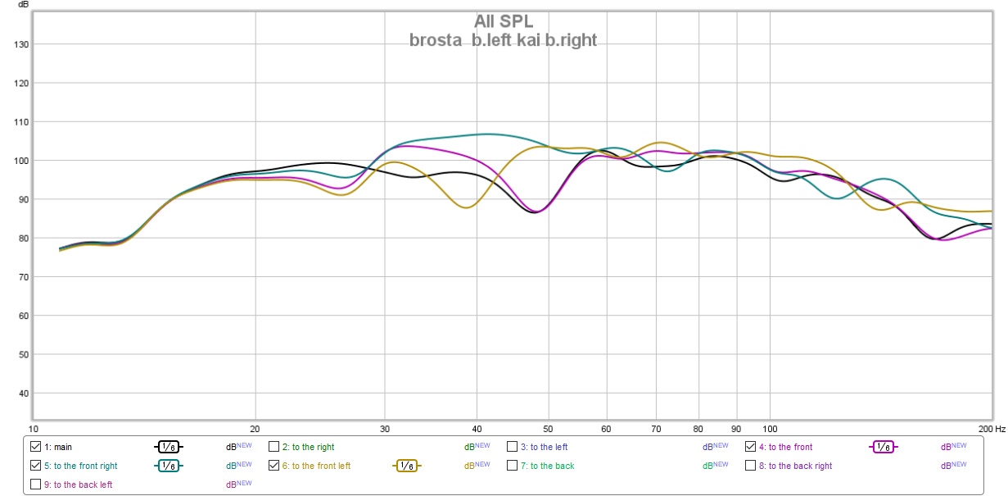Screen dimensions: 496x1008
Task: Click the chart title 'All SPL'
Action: coord(503,22)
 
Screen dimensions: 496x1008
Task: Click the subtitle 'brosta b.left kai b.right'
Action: coord(503,39)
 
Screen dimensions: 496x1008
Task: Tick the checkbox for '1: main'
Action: coord(35,448)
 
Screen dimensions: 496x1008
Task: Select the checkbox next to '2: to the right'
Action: coord(274,448)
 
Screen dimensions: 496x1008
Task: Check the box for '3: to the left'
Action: coord(513,448)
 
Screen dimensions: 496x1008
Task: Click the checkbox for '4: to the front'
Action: coord(751,448)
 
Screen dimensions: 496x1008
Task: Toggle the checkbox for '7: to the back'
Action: coord(513,466)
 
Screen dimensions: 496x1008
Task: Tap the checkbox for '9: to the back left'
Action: coord(35,485)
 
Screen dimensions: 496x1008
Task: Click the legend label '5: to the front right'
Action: coord(80,466)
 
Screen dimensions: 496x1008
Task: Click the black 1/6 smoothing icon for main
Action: coord(168,448)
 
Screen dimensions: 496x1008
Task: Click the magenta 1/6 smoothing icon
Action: coord(882,448)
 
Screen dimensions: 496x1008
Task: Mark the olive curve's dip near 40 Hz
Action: coord(466,207)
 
